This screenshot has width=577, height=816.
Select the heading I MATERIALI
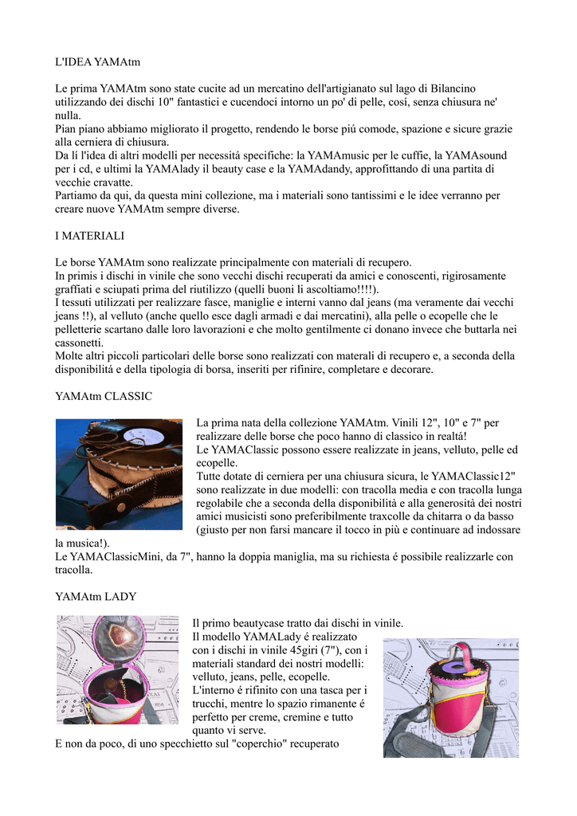click(90, 236)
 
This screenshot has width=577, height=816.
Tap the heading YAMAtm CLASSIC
click(104, 396)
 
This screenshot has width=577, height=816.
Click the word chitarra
click(428, 516)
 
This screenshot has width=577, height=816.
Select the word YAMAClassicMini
click(122, 556)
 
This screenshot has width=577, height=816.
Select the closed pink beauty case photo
click(450, 697)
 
